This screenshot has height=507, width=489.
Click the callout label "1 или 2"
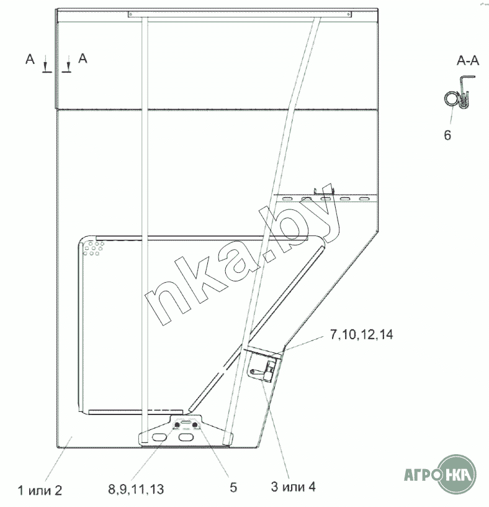(40, 490)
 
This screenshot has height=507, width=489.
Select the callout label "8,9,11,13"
(136, 489)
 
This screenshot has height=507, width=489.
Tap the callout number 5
(233, 488)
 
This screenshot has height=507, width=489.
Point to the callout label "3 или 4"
(294, 486)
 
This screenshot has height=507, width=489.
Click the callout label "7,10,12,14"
(361, 335)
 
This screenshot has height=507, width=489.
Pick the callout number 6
(447, 135)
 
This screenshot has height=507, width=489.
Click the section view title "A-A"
(468, 60)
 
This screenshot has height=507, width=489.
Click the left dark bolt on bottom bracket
(177, 424)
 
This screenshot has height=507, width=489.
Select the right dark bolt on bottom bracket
(194, 424)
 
